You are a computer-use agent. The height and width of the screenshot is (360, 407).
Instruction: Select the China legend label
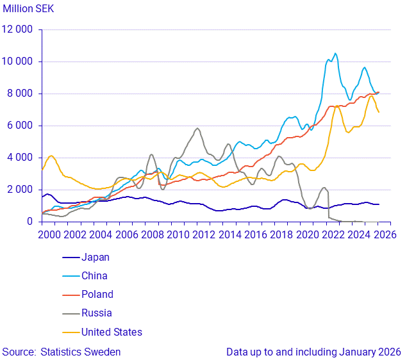[94, 276]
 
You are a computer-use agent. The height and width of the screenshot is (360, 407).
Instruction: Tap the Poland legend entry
[97, 295]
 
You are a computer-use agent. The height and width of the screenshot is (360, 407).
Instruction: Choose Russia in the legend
[96, 313]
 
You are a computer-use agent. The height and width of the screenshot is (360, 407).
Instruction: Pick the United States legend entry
[111, 332]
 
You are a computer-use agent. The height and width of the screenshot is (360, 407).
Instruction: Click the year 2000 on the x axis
[49, 235]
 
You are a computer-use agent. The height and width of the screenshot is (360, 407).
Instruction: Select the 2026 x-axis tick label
[385, 235]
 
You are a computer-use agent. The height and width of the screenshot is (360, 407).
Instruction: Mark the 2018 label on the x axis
[281, 235]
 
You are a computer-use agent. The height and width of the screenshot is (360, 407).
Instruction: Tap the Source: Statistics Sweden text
[62, 352]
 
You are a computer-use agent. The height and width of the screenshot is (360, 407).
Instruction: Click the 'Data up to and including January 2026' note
[313, 352]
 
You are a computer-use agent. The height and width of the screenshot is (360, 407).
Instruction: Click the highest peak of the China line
[335, 53]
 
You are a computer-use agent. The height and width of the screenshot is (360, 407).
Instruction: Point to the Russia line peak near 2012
[197, 128]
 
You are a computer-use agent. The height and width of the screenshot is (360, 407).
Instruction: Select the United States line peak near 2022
[336, 106]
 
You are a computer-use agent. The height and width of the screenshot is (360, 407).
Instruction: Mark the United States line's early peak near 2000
[51, 156]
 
